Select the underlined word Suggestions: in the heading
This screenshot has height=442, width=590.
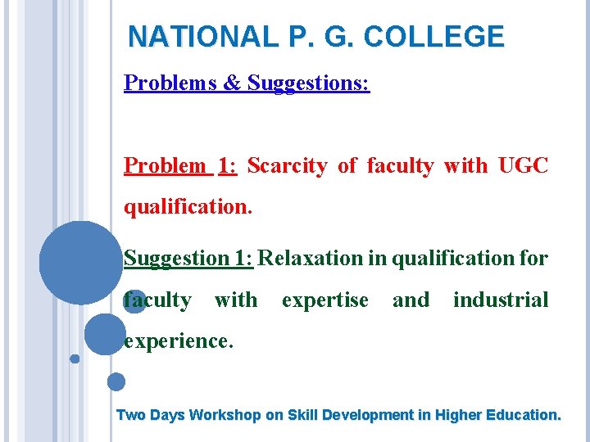(309, 83)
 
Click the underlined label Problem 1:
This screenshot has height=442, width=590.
(180, 165)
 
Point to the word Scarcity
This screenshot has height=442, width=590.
(288, 165)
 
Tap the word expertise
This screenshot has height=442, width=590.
(324, 300)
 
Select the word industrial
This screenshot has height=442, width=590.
(501, 300)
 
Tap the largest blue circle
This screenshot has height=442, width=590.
(81, 262)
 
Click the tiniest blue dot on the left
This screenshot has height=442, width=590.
(75, 359)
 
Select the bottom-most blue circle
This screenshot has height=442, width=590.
(116, 381)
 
